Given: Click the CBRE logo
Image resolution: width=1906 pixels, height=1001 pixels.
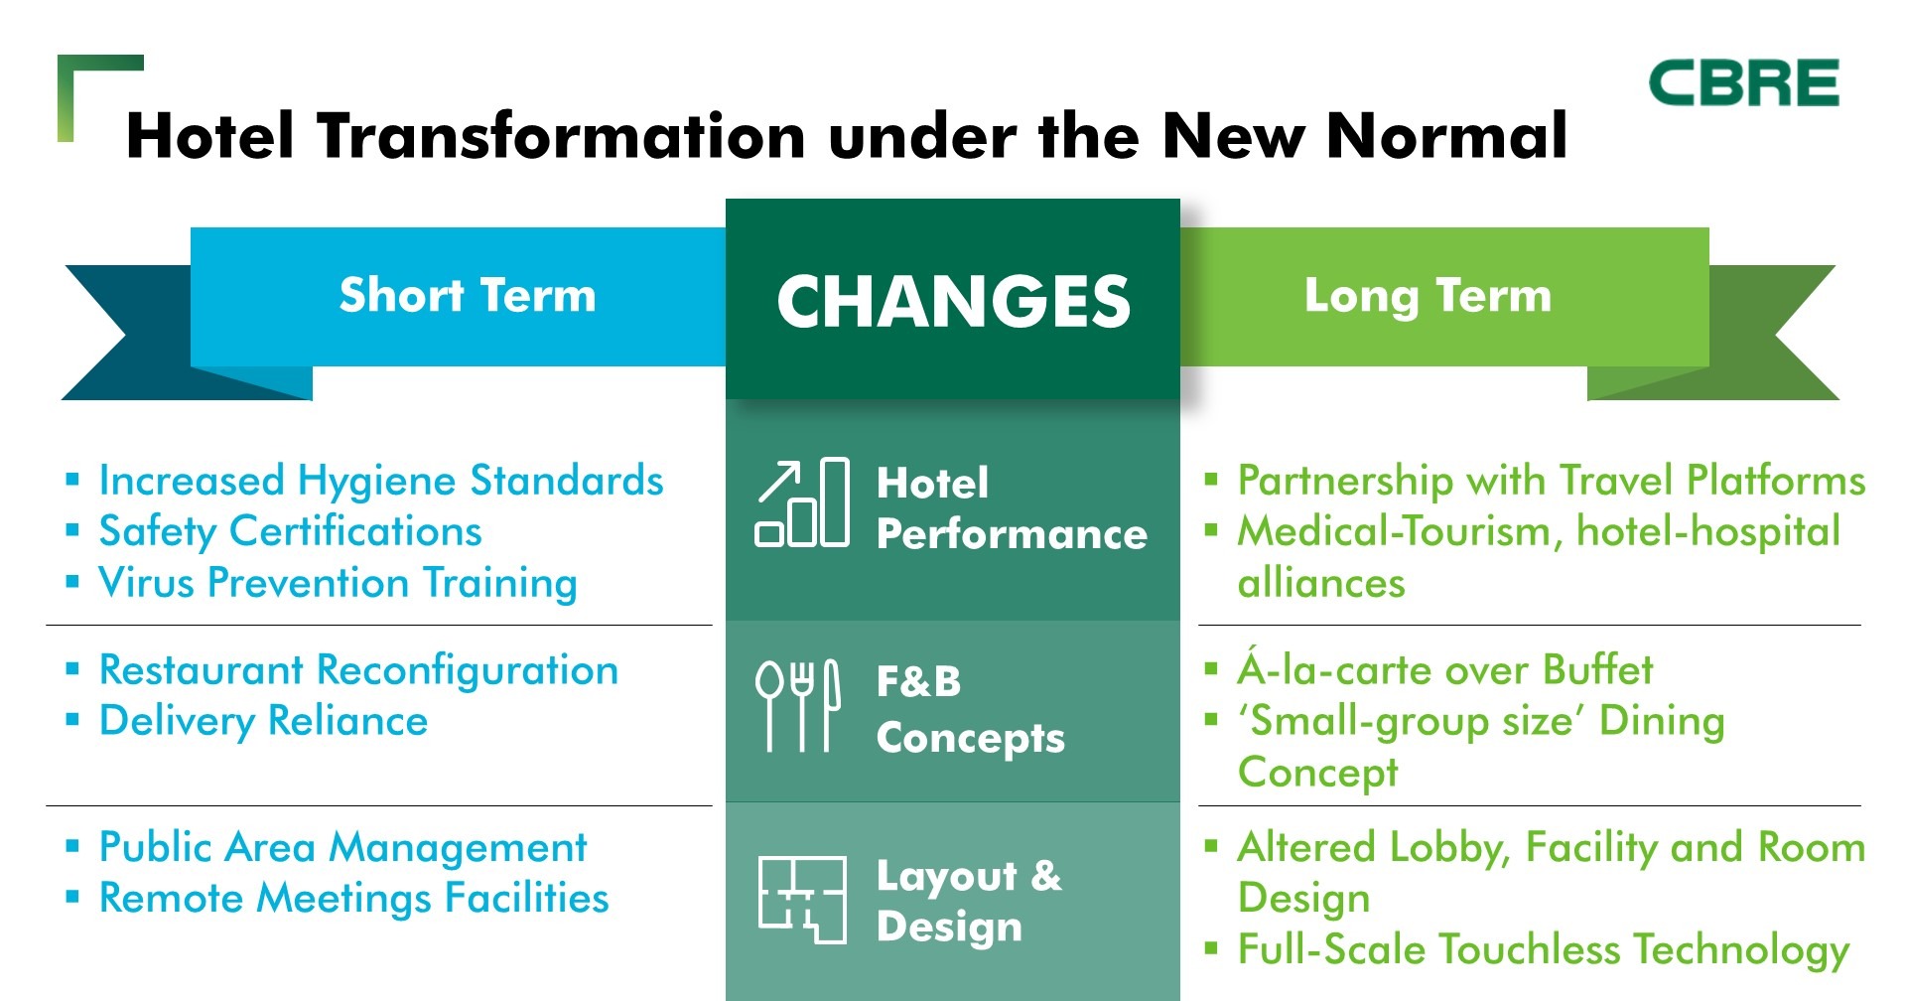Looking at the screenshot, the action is coord(1743,82).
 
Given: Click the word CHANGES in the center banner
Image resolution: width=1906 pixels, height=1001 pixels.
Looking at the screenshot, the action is coord(953,302).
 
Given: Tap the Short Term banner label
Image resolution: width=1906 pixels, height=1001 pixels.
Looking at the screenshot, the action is coord(468,295).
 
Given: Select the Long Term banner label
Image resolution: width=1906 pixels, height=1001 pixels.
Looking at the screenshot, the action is coord(1428,296).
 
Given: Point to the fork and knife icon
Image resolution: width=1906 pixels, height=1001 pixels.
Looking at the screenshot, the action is coord(798,705).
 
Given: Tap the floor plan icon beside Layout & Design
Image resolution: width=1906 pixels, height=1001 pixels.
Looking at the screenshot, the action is coord(802,900).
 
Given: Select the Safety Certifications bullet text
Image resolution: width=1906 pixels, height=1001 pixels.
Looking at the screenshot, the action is coord(290,532).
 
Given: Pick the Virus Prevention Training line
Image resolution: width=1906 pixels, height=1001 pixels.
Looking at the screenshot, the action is coord(338,583).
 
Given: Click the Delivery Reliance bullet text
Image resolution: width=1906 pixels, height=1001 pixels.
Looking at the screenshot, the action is coord(264,722).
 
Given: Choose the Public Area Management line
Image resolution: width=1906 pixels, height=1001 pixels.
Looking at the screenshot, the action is coord(343,848).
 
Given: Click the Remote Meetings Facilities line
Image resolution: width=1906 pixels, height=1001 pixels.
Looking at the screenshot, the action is coord(354,899).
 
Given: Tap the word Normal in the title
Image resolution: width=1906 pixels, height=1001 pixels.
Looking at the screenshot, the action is coord(1447,136).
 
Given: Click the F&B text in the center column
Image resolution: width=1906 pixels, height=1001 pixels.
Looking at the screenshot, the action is coord(919,682).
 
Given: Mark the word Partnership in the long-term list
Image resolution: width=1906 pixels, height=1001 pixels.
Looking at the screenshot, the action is coord(1346,482).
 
